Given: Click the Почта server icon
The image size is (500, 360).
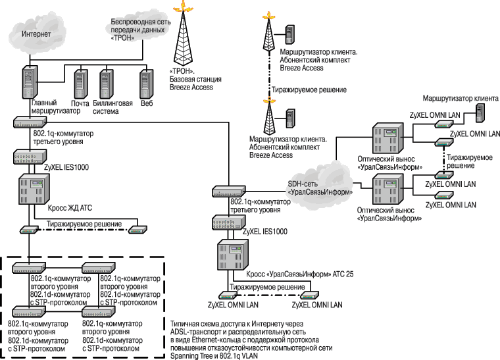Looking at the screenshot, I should tap(80, 83).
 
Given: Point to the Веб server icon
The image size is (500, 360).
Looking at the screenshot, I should tap(146, 83).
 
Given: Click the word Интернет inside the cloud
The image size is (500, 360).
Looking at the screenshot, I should tap(39, 33).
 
